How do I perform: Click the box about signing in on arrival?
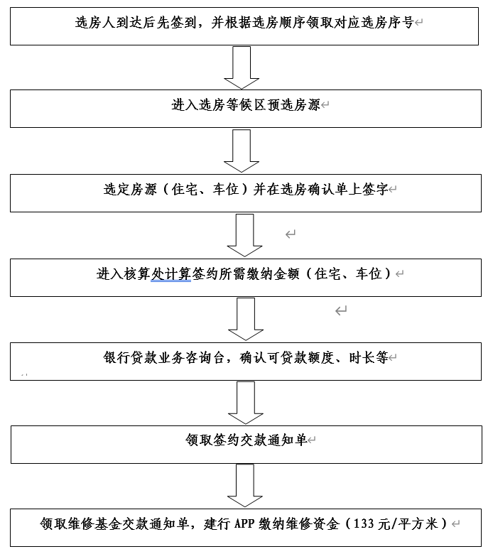pyautogui.click(x=244, y=26)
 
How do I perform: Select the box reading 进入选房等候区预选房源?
pyautogui.click(x=246, y=109)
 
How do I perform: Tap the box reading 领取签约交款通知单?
pyautogui.click(x=246, y=445)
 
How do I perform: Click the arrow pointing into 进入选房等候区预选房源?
pyautogui.click(x=242, y=67)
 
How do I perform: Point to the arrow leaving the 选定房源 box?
pyautogui.click(x=244, y=235)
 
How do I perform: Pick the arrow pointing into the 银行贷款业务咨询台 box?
pyautogui.click(x=246, y=319)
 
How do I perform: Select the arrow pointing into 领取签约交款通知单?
pyautogui.click(x=246, y=403)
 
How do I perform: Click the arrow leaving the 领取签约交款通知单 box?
pyautogui.click(x=245, y=486)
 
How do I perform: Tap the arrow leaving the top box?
pyautogui.click(x=242, y=67)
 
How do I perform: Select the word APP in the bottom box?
pyautogui.click(x=244, y=523)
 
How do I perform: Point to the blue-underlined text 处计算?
pyautogui.click(x=171, y=274)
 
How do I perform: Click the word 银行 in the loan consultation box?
pyautogui.click(x=117, y=357)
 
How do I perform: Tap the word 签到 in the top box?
pyautogui.click(x=183, y=23)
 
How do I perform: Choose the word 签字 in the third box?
pyautogui.click(x=375, y=189)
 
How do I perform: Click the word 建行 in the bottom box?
pyautogui.click(x=217, y=523)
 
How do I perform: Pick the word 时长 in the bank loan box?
pyautogui.click(x=362, y=357)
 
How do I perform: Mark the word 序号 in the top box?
pyautogui.click(x=401, y=23)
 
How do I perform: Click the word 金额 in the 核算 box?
pyautogui.click(x=287, y=274)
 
